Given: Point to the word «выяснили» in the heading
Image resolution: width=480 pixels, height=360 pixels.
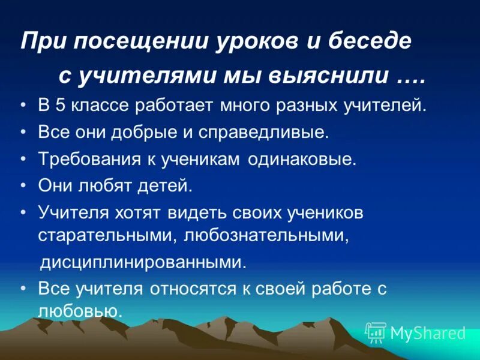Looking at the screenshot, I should point(311,77).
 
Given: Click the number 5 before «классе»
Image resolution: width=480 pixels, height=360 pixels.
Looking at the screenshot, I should point(60,106).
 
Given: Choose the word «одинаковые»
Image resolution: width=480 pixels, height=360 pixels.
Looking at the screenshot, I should point(302,160).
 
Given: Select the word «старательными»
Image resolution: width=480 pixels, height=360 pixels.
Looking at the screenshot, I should point(104,235).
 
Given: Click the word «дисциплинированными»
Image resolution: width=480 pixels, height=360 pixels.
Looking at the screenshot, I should point(143,262).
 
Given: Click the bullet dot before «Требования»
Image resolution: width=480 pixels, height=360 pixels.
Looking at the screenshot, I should point(23,160).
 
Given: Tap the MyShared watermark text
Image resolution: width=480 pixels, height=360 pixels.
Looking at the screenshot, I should point(427,333).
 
